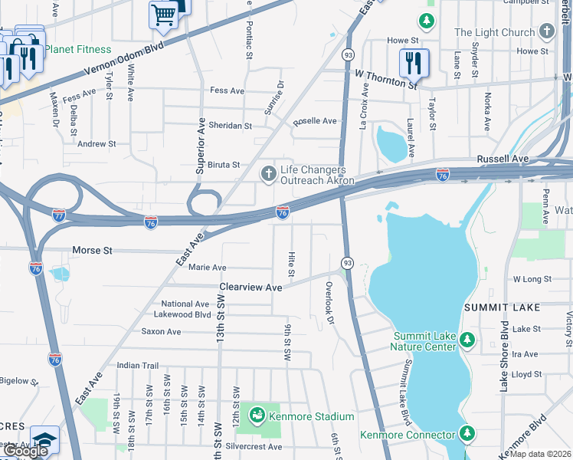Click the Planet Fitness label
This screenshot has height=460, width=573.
77,50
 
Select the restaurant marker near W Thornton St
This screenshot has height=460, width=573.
414,64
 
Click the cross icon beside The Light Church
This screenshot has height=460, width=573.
546,32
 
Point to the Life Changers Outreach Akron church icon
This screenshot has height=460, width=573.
268,175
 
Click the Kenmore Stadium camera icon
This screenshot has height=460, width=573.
257,416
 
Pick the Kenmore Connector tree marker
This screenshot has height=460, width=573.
467,433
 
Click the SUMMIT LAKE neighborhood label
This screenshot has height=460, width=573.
502,307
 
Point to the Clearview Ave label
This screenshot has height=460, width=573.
251,287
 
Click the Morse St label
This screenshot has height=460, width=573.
92,251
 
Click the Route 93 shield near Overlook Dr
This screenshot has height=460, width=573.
347,263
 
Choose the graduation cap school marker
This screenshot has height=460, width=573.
44,439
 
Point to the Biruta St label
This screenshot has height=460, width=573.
220,165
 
